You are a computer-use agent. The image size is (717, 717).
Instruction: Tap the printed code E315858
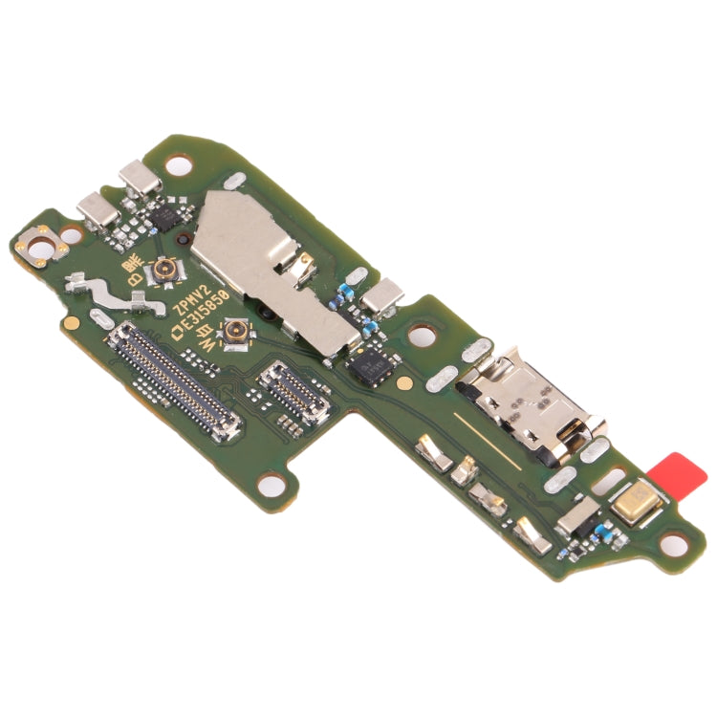204,310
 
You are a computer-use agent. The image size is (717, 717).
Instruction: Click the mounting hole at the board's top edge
177,167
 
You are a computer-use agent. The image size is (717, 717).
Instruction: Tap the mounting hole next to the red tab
674,545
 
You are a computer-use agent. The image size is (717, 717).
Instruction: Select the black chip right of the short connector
368,364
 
